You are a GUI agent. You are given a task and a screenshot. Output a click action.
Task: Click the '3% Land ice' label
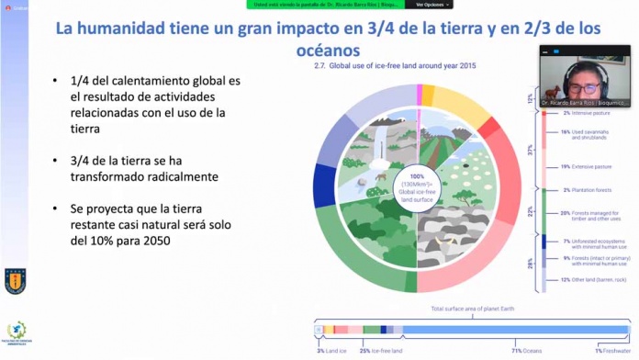(332, 350)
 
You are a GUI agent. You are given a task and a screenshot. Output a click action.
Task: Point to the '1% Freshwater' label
(611, 350)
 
